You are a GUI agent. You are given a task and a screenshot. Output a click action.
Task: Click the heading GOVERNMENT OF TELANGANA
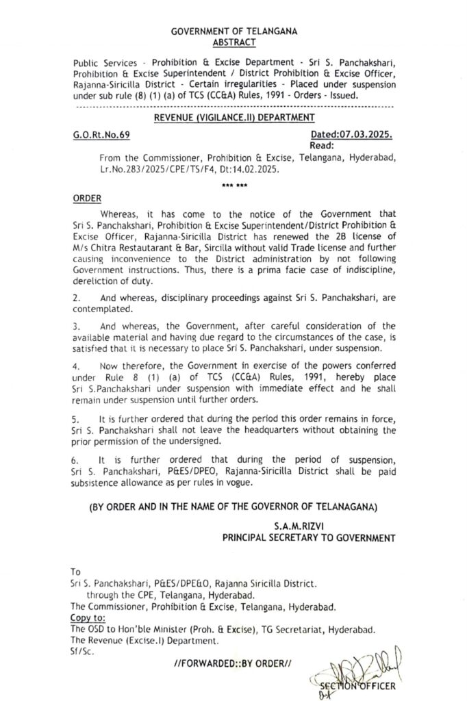pos(234,32)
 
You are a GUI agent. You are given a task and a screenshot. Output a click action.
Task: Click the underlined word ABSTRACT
pos(234,42)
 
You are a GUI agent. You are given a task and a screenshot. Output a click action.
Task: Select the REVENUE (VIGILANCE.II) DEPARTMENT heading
pos(233,119)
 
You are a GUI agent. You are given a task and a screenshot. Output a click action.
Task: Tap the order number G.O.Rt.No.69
pos(101,136)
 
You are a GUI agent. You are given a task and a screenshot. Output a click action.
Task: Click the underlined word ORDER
pos(86,199)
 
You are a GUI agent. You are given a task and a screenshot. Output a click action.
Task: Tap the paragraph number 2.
pos(76,298)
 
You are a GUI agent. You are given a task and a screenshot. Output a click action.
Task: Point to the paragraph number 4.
pos(76,375)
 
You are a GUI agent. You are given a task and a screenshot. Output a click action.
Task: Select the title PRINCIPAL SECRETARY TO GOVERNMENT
pos(309,538)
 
